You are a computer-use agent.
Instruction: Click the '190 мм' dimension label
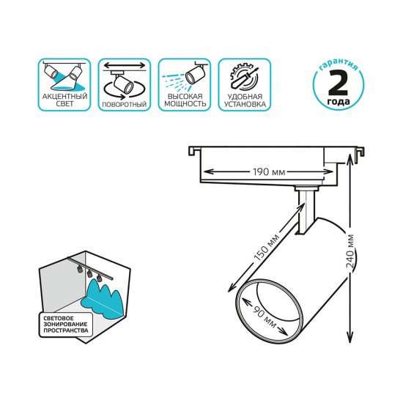(269, 173)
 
